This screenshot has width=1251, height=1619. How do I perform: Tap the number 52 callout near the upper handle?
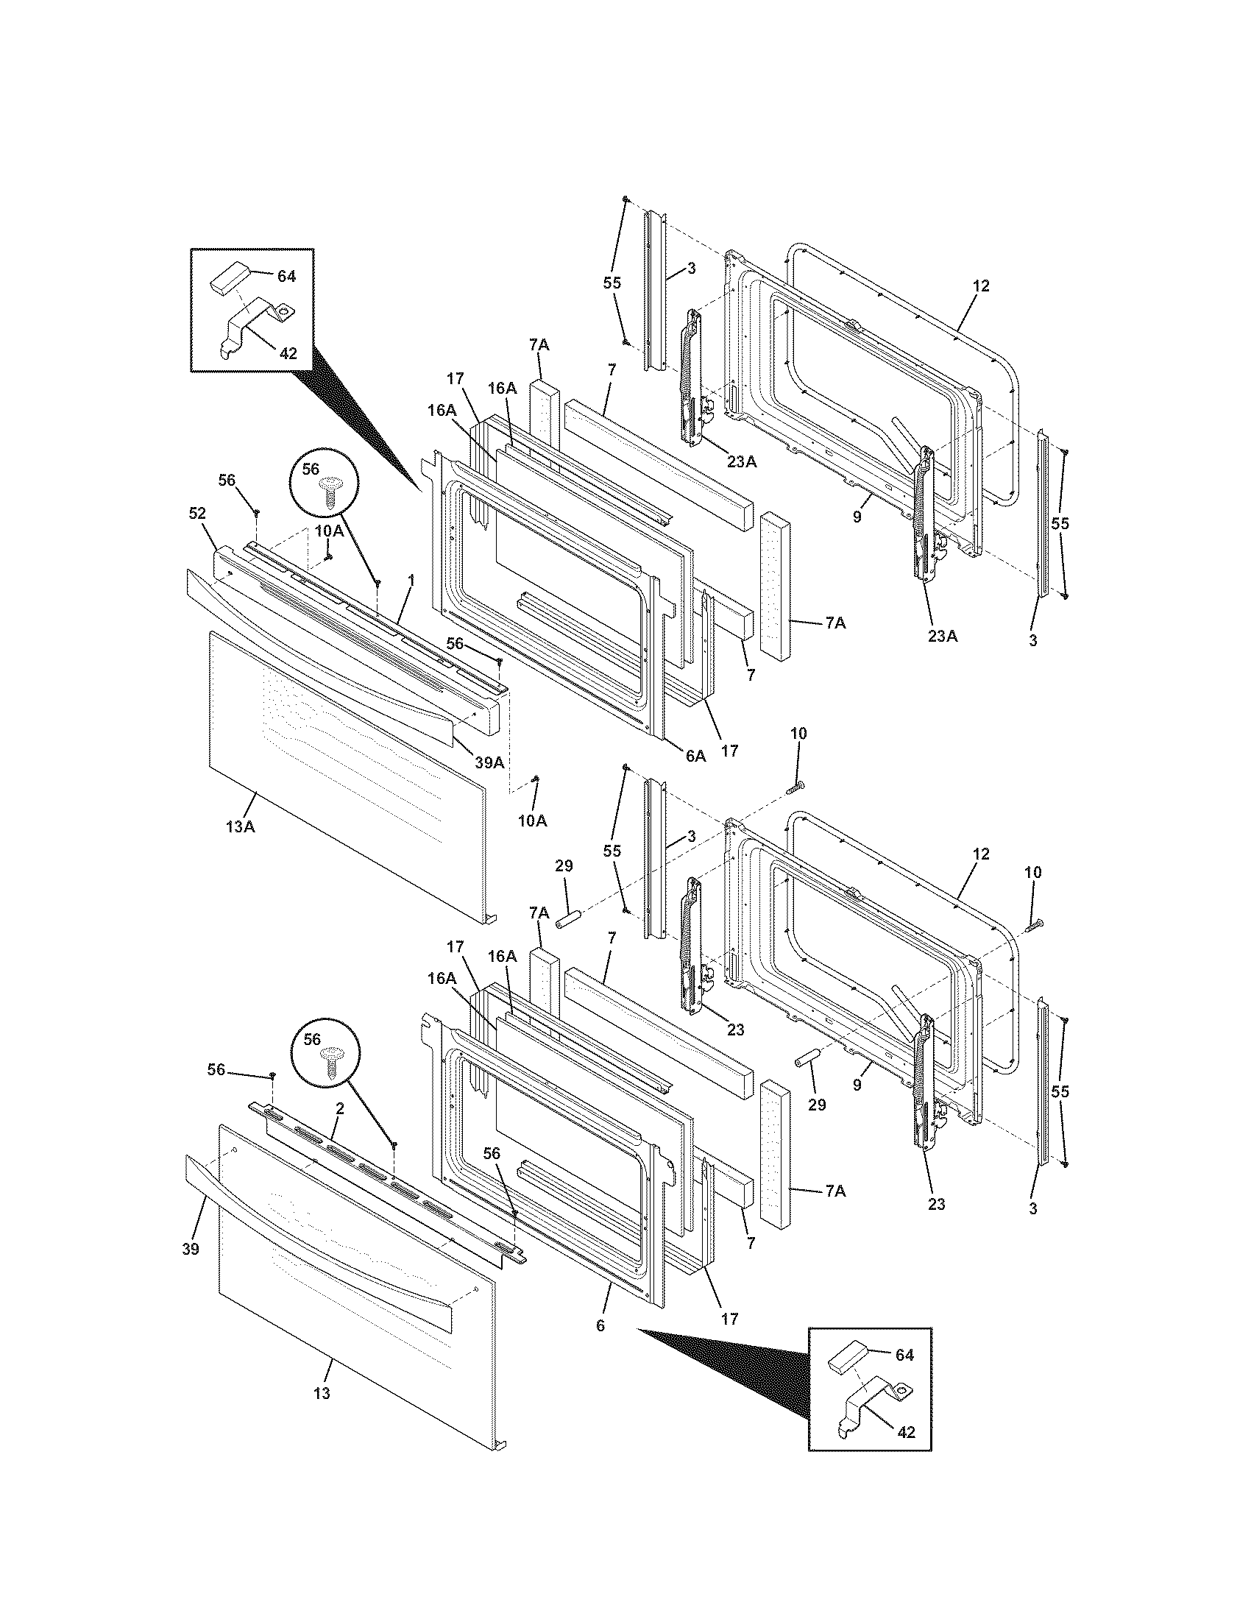(x=197, y=513)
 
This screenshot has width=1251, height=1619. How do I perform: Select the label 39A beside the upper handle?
(x=489, y=762)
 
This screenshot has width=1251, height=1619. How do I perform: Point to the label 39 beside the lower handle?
(x=191, y=1249)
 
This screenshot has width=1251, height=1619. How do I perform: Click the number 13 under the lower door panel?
(x=321, y=1394)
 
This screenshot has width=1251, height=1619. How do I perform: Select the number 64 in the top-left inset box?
(x=286, y=276)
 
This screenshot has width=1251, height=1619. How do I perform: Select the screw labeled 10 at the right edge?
(x=1035, y=924)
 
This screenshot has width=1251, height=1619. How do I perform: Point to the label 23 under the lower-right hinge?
(x=937, y=1204)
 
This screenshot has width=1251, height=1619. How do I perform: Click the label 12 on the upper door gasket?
(x=981, y=286)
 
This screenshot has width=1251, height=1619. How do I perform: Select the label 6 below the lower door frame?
(x=600, y=1325)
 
